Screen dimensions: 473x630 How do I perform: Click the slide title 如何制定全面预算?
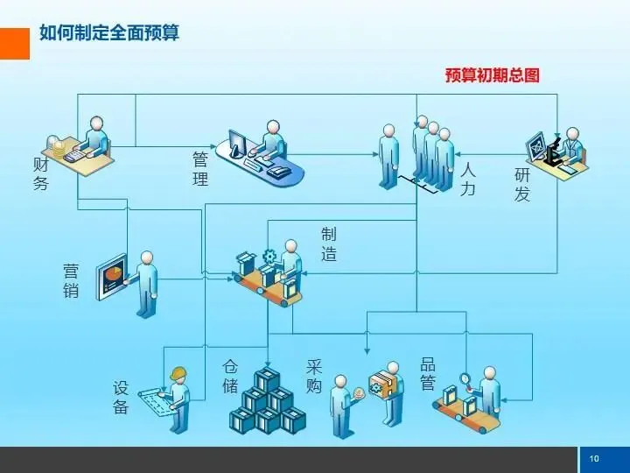[109, 34]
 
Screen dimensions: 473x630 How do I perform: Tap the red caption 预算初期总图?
[492, 75]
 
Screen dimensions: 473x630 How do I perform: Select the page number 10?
[594, 459]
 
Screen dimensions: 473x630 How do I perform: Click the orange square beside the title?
[15, 43]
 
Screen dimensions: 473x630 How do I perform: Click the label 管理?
[200, 169]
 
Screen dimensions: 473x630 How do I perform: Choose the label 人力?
[468, 178]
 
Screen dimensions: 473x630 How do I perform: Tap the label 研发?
[522, 184]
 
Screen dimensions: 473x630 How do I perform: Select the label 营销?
[71, 279]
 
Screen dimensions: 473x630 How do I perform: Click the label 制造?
[329, 244]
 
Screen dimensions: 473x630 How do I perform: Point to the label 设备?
[121, 397]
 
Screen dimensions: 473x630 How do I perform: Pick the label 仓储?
[230, 376]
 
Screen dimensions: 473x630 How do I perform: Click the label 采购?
[314, 376]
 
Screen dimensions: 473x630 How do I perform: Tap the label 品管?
[428, 373]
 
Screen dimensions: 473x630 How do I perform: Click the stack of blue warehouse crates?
[268, 402]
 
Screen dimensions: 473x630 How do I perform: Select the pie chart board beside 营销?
[112, 277]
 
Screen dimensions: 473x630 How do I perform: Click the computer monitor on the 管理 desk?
[237, 144]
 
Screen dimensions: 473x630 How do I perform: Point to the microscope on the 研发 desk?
[553, 150]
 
